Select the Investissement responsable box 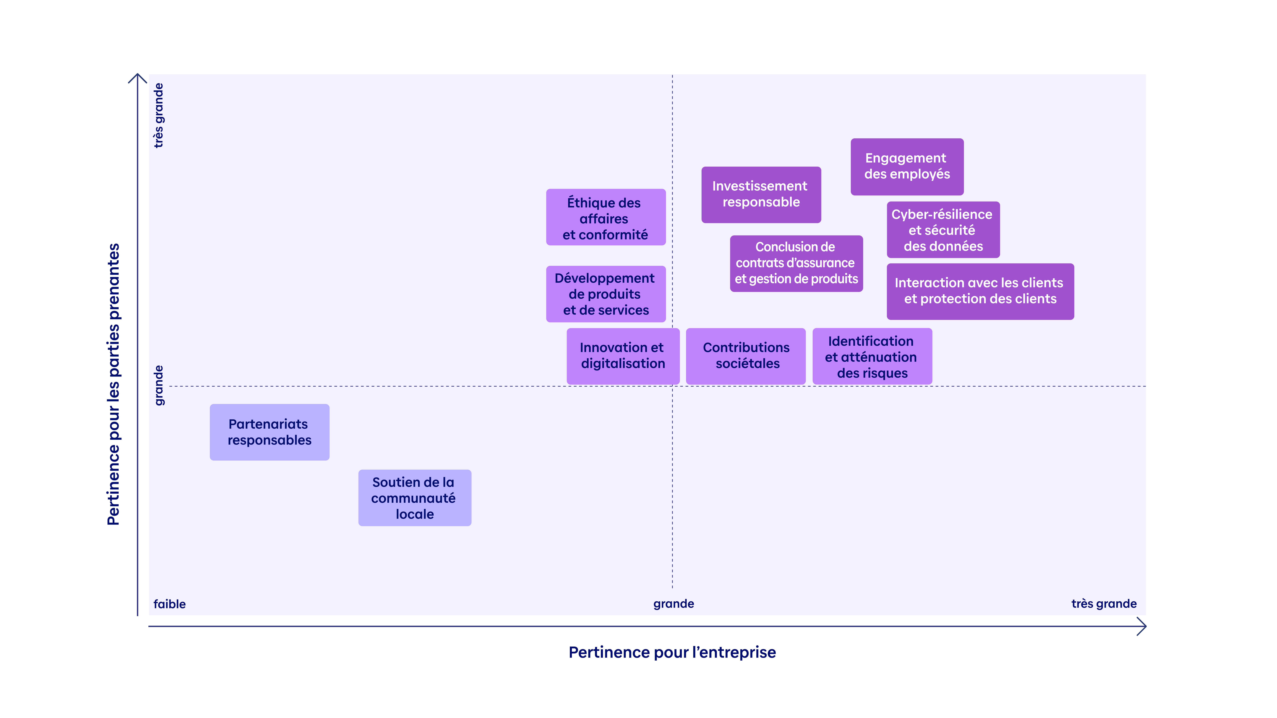click(761, 195)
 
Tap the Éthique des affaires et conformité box click(606, 217)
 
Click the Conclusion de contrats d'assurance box click(796, 263)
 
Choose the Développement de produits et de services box click(606, 294)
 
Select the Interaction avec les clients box click(980, 291)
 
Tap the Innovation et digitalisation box click(623, 356)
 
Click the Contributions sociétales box click(746, 356)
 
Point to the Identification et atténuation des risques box click(872, 356)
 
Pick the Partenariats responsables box click(269, 432)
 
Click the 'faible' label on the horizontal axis click(170, 604)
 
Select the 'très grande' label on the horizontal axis click(1103, 604)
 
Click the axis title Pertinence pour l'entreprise click(672, 652)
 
